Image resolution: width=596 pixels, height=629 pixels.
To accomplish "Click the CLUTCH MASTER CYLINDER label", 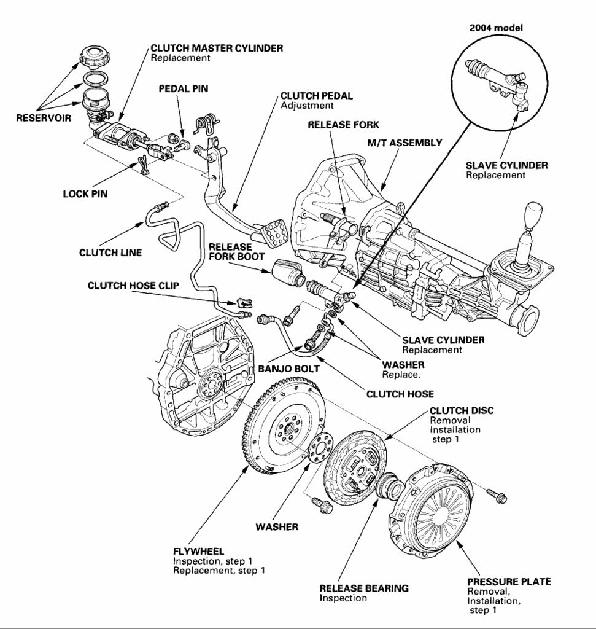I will (x=217, y=49).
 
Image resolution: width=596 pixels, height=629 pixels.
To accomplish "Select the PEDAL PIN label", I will (x=184, y=88).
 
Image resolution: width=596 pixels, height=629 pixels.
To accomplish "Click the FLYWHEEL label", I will (x=198, y=551).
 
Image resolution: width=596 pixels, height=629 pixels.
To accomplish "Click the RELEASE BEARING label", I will (x=363, y=588).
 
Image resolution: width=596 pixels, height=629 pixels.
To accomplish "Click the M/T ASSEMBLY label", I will (x=404, y=143).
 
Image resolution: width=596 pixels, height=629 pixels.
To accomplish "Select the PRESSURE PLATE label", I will (x=509, y=581).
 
